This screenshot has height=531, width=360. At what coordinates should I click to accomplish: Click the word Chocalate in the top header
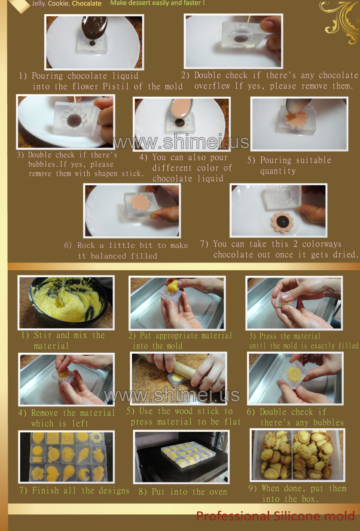tap(86, 3)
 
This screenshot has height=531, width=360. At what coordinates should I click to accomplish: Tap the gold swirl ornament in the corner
tap(341, 21)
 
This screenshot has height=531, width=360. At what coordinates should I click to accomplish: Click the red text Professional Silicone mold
tap(276, 516)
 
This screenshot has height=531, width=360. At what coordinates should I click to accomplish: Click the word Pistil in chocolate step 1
tap(116, 86)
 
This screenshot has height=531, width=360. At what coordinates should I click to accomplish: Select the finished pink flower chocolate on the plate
tap(282, 223)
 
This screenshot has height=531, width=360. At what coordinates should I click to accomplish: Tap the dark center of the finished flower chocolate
tap(282, 222)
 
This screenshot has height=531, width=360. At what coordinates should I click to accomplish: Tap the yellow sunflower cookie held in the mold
tap(294, 374)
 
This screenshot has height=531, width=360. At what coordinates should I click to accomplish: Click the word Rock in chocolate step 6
tap(86, 245)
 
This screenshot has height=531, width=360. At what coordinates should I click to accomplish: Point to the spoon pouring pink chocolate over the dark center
tap(181, 109)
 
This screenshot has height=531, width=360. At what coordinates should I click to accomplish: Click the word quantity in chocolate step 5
tap(278, 171)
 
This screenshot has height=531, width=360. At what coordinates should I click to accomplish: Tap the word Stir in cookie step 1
tap(43, 335)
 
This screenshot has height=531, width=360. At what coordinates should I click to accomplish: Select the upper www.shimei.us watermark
tap(181, 141)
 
